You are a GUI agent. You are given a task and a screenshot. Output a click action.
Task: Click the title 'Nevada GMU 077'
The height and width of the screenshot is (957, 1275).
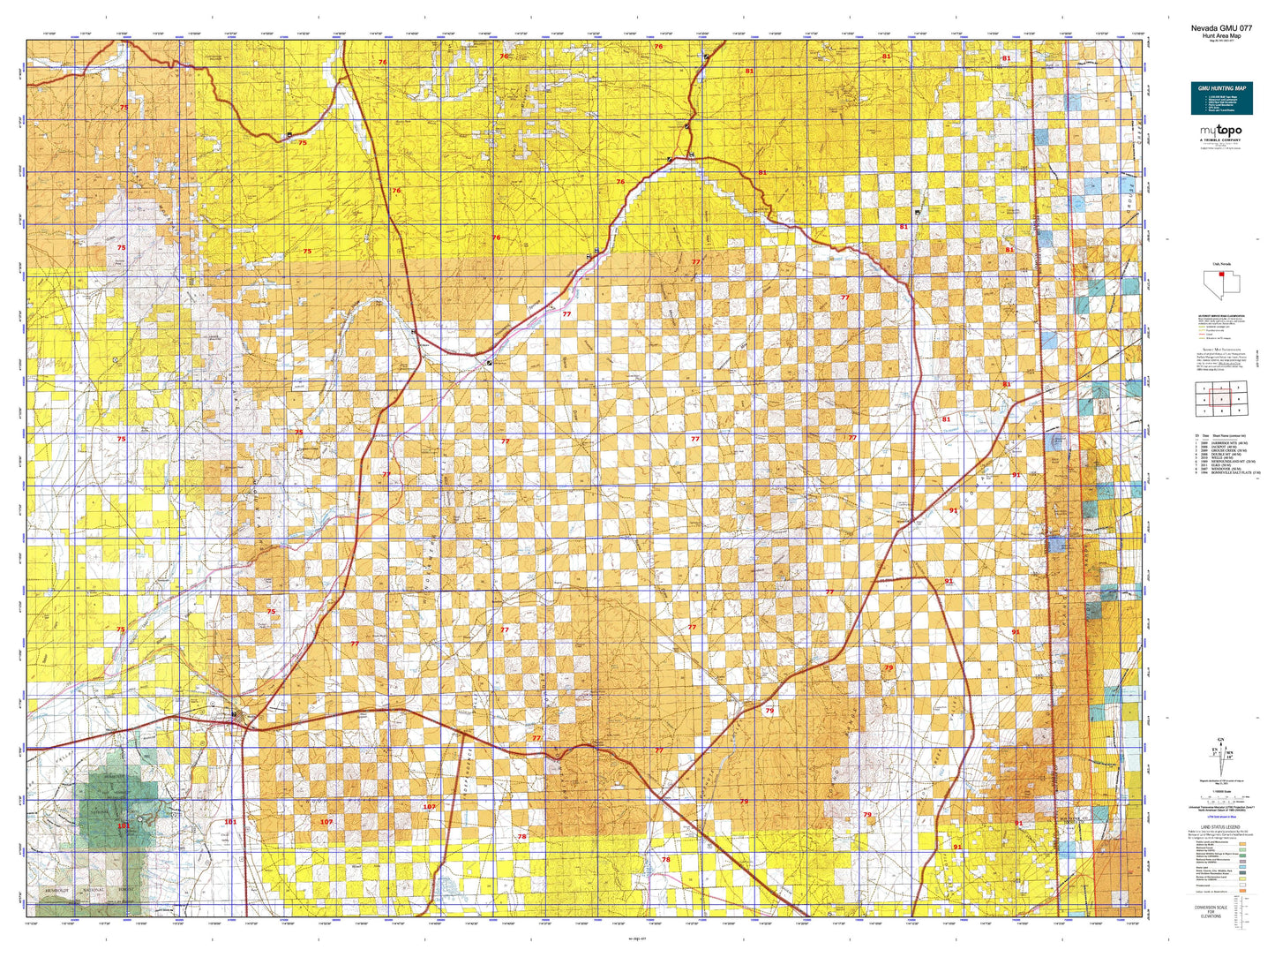pyautogui.click(x=1221, y=27)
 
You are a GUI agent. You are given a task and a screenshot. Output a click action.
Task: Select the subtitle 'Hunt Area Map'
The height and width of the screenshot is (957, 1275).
pyautogui.click(x=1221, y=35)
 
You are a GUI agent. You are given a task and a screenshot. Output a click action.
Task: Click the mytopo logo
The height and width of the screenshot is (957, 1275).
pyautogui.click(x=1220, y=132)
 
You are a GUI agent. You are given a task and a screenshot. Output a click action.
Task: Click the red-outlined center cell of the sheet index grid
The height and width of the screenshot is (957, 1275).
pyautogui.click(x=1221, y=399)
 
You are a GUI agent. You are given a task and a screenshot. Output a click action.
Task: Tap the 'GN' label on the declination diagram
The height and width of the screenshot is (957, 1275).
pyautogui.click(x=1220, y=739)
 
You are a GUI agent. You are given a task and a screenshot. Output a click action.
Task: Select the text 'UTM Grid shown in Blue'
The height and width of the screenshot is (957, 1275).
pyautogui.click(x=1221, y=817)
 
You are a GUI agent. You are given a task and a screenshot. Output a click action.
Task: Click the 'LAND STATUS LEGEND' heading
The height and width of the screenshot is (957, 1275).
pyautogui.click(x=1220, y=827)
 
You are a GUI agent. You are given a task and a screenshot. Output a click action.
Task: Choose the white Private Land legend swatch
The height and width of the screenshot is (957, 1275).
pyautogui.click(x=1242, y=885)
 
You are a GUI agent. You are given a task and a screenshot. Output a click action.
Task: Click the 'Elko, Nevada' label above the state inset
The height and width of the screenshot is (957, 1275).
pyautogui.click(x=1220, y=263)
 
